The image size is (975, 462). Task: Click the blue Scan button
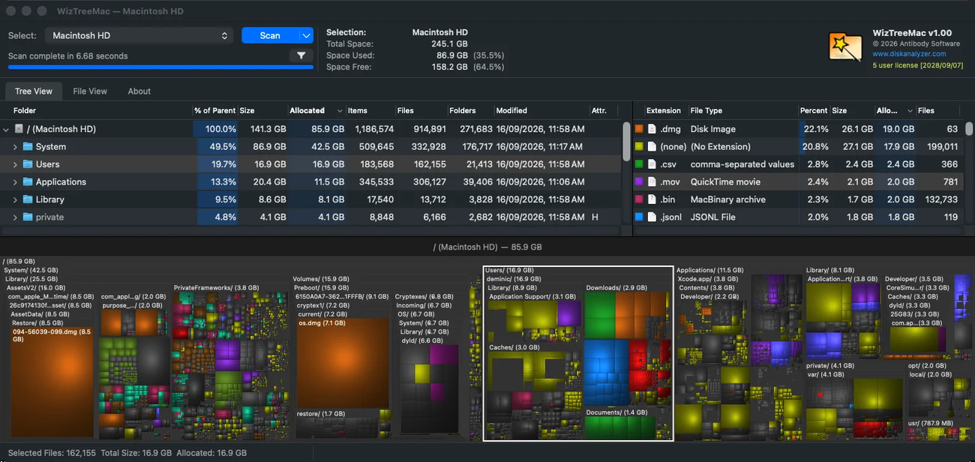coord(270,36)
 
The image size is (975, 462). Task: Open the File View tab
coord(90,91)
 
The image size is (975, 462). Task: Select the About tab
coord(139,91)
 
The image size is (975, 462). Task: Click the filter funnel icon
coord(301,55)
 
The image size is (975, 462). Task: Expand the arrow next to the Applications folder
coord(15,182)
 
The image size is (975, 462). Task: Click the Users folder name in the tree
coord(47,164)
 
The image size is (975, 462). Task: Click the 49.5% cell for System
coord(223,147)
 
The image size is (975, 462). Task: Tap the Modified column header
coord(511,110)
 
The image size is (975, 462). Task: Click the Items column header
coord(357,110)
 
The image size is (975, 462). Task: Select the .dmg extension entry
coord(670,129)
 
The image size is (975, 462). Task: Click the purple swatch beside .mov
coord(639,181)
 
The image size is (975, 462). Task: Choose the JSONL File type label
coord(713,217)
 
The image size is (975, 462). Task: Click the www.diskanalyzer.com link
coord(909,54)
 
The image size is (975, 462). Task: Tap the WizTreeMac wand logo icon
coord(844,46)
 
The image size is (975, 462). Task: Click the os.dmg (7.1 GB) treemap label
coord(322,323)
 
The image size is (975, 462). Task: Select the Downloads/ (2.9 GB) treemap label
coord(616,288)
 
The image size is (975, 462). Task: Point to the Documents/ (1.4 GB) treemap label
coord(616,412)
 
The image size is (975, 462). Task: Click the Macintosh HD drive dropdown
coord(139,36)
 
